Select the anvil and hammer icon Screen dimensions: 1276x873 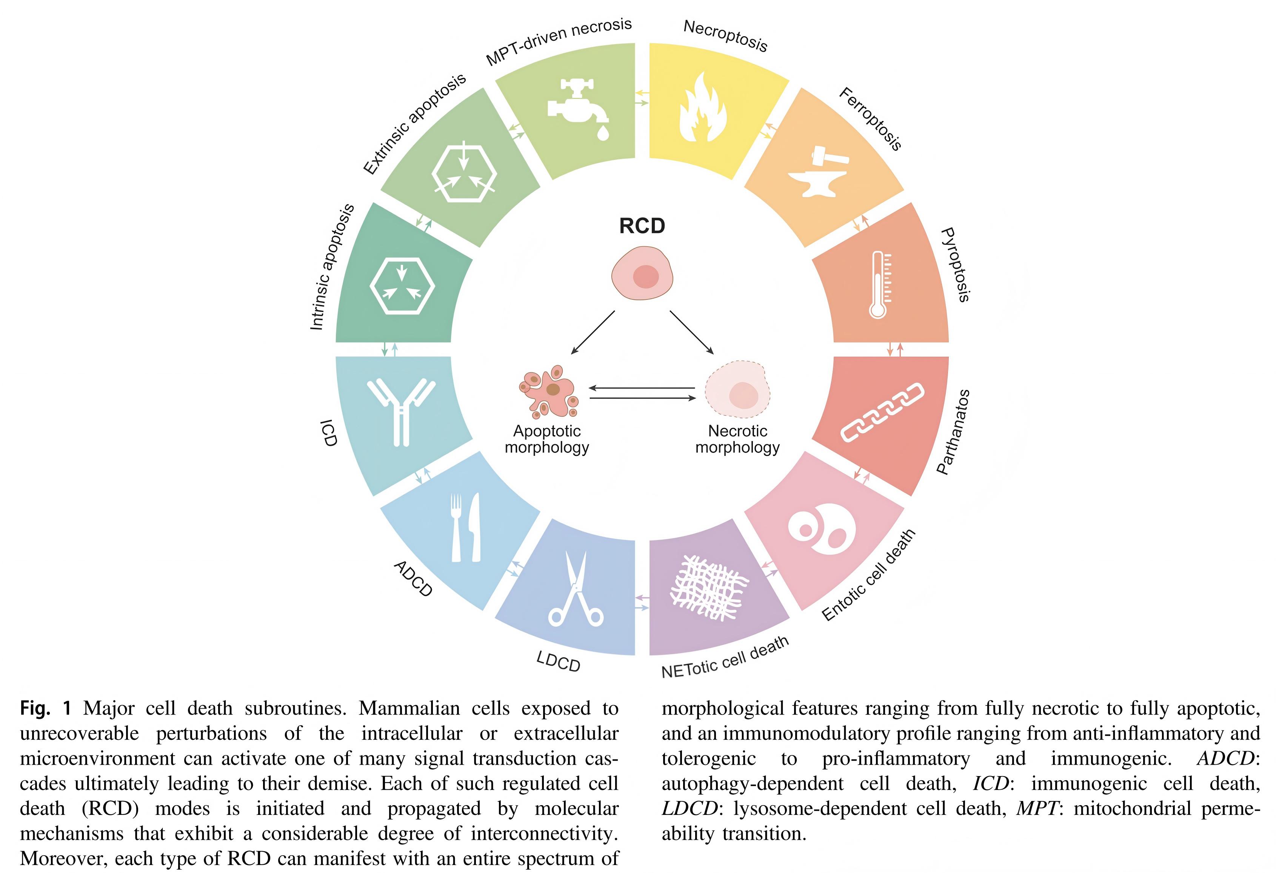pos(818,171)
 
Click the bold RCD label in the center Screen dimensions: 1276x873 pos(642,226)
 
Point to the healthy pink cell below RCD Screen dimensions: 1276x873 pos(642,273)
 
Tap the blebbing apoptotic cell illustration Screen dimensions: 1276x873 pos(549,391)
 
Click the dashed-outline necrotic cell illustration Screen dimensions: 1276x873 pos(738,390)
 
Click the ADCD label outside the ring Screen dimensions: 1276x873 pos(413,578)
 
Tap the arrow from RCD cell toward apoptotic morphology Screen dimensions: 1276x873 pos(593,333)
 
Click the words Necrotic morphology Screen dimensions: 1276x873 pos(737,439)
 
